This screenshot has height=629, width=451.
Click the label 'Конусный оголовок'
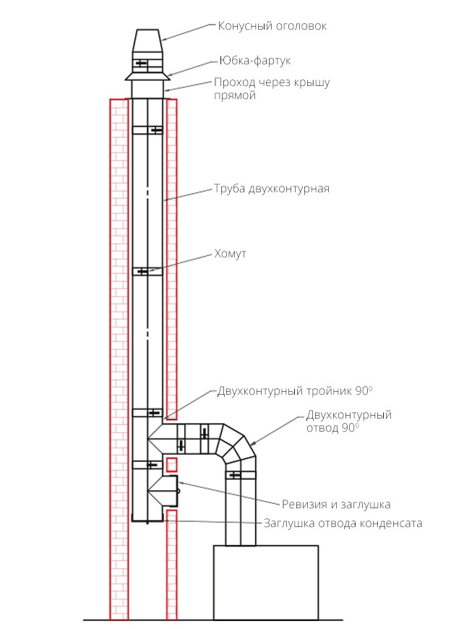coord(272,26)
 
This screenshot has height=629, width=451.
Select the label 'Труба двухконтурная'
coord(271,189)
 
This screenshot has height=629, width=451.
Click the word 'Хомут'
coord(231,254)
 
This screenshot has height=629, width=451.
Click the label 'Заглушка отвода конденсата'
coord(343,523)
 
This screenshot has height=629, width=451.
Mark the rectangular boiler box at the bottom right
coord(266,582)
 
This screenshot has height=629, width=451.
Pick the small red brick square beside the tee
coord(172,465)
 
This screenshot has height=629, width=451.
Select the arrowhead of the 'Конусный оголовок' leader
coord(163,39)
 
